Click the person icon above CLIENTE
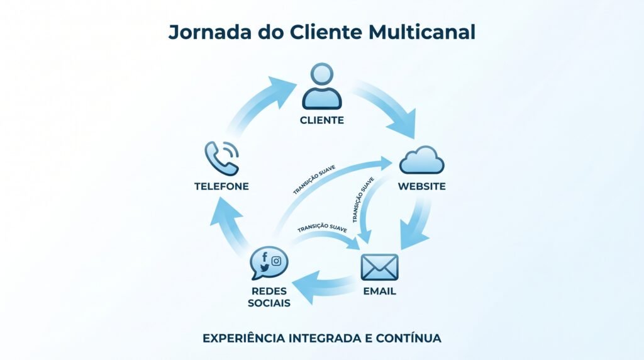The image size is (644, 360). [x=321, y=86]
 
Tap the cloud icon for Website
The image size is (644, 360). [x=421, y=160]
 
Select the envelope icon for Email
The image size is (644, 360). [x=379, y=267]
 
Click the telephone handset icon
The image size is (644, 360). [x=221, y=157]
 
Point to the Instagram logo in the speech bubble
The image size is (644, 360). [x=276, y=261]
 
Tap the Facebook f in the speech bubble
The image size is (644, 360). [x=265, y=257]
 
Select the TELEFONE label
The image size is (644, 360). [x=221, y=186]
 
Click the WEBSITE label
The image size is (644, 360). [x=421, y=186]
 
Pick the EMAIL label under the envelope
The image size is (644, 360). [x=379, y=291]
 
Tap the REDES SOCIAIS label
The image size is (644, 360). [x=269, y=297]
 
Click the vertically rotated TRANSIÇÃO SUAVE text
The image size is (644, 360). [x=363, y=200]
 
